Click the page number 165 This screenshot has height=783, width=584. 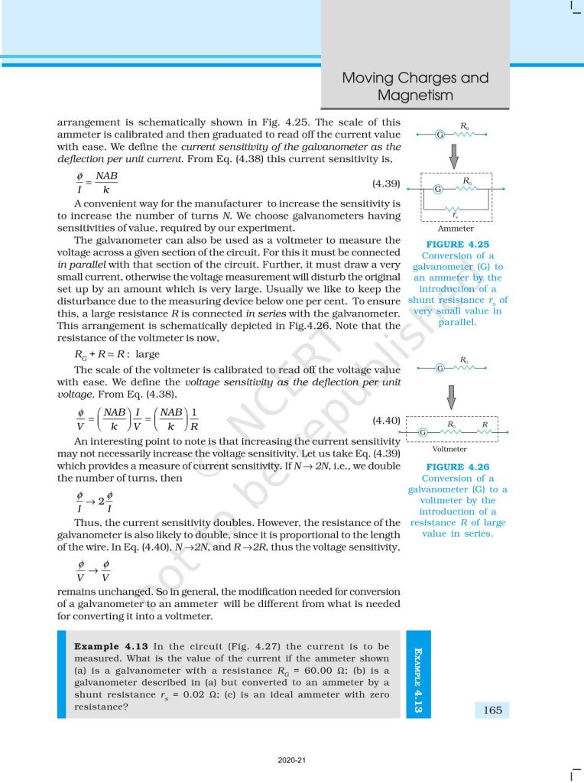pos(492,710)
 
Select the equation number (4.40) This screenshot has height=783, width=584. pos(386,420)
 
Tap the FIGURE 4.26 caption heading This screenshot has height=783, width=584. pos(458,466)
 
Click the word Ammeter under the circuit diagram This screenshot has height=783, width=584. pos(456,228)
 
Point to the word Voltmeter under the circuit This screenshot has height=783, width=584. pos(449,449)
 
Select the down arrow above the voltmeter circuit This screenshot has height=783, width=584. pos(451,395)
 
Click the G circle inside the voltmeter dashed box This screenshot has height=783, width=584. pos(423,434)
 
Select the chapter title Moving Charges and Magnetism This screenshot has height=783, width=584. pos(415,86)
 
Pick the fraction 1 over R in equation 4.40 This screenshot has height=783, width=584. pos(193,420)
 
